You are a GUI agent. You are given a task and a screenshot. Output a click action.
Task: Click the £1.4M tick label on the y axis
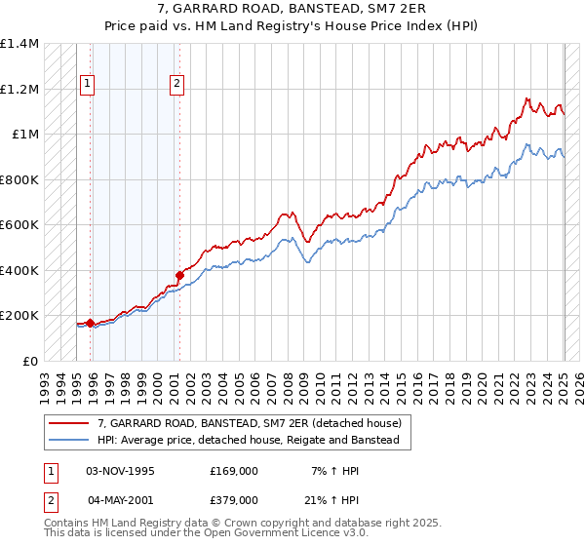point(19,44)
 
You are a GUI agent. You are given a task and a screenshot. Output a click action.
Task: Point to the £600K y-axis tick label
point(19,225)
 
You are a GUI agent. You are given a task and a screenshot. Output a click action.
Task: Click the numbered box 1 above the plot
point(88,85)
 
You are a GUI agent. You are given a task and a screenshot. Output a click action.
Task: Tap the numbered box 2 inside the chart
point(176,85)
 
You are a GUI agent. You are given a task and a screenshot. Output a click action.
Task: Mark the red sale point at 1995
point(90,323)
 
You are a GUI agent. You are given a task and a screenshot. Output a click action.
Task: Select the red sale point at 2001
point(179,275)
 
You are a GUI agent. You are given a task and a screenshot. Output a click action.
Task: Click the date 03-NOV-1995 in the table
point(121,471)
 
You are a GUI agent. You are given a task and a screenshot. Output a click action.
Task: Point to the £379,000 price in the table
point(234,500)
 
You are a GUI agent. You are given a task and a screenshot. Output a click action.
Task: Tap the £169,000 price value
point(234,471)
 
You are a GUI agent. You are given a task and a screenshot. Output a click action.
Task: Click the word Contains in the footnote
point(67,525)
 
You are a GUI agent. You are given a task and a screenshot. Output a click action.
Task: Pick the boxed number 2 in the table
point(51,500)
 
